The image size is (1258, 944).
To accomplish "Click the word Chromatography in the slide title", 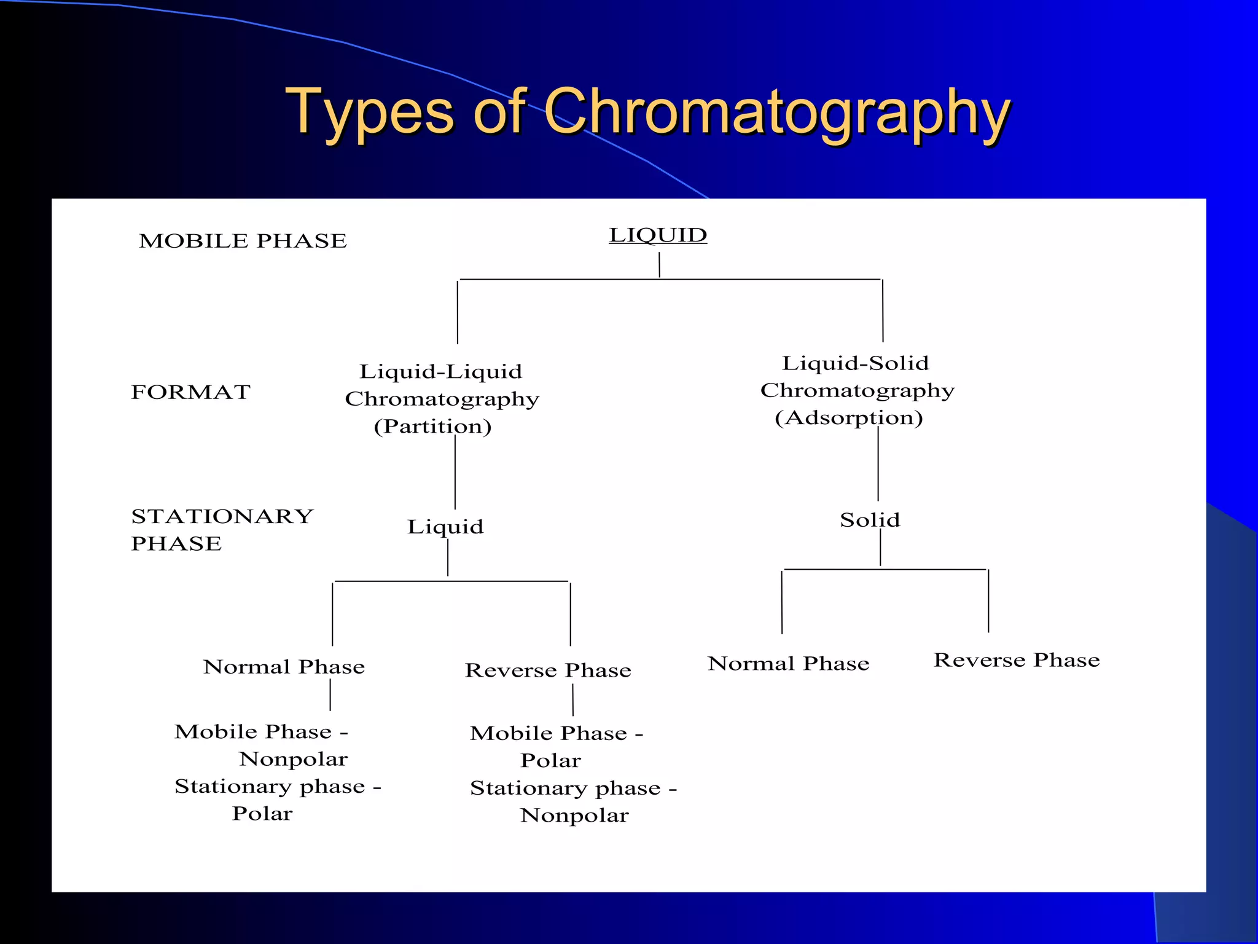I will [x=777, y=112].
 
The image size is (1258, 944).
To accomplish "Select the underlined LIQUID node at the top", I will [x=658, y=235].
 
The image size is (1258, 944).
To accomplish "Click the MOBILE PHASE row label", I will [x=243, y=241].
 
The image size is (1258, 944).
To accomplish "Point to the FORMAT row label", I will [x=190, y=392].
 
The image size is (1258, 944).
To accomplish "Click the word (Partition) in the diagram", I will [x=433, y=427].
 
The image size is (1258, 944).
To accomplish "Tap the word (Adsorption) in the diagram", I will [x=849, y=418].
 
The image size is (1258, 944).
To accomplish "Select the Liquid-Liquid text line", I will [x=440, y=372].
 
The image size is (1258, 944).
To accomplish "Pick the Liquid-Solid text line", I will [x=855, y=363].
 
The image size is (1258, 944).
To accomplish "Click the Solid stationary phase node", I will [x=870, y=521].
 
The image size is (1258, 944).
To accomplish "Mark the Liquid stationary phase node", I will [x=445, y=527].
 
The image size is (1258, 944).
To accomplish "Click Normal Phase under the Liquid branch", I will [x=284, y=667].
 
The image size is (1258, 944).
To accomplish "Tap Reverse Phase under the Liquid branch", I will [x=548, y=671].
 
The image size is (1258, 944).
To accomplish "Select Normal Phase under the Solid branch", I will [x=788, y=664].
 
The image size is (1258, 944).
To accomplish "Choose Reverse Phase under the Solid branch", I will [x=1017, y=660].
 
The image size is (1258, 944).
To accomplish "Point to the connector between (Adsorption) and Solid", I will [x=878, y=464].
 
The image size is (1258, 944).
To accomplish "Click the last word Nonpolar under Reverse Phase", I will [x=574, y=816].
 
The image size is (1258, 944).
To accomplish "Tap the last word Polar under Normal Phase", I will [x=262, y=814].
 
